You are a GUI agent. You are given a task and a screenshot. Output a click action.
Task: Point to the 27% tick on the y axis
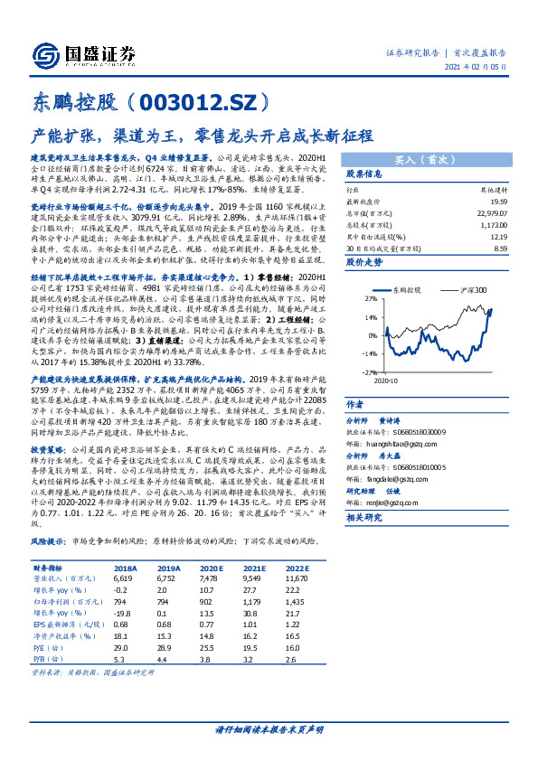click(x=370, y=296)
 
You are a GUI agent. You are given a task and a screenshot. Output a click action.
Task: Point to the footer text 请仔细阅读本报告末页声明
click(x=269, y=728)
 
